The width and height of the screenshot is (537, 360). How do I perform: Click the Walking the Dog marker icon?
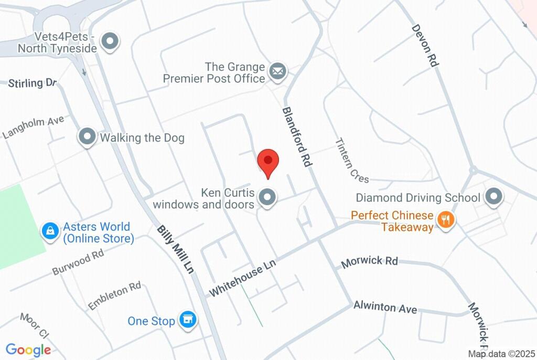pos(87,137)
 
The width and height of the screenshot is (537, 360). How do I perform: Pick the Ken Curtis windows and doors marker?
pos(268,198)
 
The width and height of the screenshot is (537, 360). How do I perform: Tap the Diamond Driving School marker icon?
pos(493,198)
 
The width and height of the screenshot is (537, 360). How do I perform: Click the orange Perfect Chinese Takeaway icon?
pos(446,220)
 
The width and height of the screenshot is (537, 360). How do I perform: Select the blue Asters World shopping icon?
pos(50,231)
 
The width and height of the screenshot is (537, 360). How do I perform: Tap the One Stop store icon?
pos(187,320)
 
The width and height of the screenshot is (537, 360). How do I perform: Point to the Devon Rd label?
pos(425,45)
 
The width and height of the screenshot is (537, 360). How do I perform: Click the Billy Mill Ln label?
pos(175,249)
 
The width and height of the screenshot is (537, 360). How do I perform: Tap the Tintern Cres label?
pos(352,161)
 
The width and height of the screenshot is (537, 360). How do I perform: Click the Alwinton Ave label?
pos(385,307)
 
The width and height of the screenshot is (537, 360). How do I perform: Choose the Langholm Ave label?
pos(33,127)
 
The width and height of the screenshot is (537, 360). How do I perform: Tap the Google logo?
pos(28,350)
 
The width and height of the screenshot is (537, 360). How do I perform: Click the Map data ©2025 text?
pos(502,354)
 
